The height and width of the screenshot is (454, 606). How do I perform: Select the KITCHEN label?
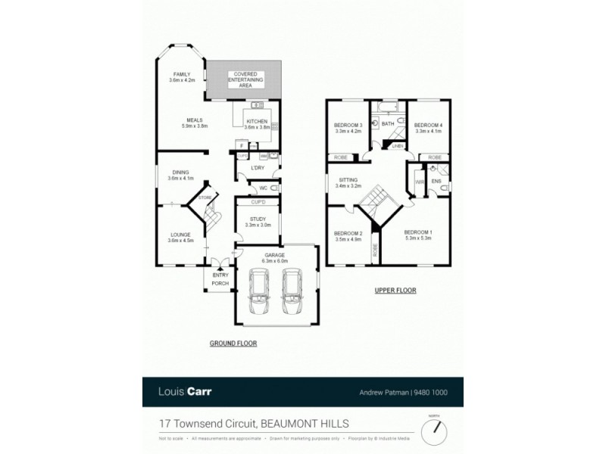coord(257,123)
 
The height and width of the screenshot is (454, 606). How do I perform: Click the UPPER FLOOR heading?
coord(395,291)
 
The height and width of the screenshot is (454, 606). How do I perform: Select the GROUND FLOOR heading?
coord(233,343)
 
